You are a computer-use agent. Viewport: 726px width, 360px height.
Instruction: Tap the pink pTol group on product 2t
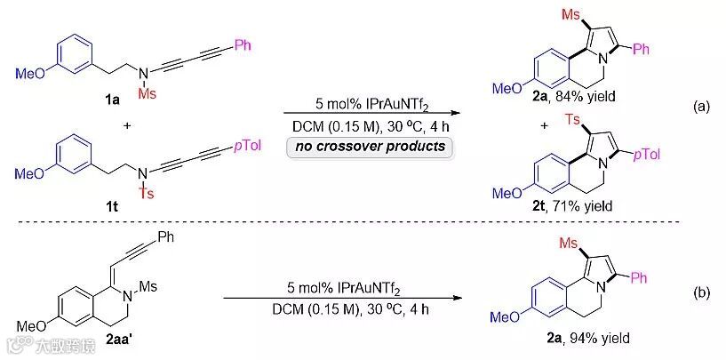click(648, 156)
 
